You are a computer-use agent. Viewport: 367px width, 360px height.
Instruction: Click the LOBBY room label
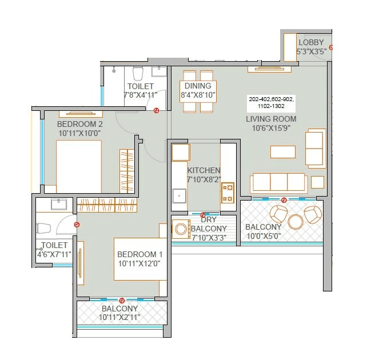tap(311, 42)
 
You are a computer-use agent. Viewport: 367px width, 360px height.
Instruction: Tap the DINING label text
tap(198, 86)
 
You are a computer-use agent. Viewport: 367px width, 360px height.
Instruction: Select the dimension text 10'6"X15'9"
tap(271, 128)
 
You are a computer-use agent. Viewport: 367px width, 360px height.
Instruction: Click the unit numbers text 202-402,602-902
tap(271, 99)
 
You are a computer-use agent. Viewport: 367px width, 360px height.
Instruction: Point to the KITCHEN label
tap(204, 170)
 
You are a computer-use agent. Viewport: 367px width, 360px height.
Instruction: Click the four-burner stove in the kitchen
tap(228, 193)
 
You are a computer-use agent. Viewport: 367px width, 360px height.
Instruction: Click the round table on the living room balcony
tap(296, 221)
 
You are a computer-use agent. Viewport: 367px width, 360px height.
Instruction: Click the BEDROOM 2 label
tap(80, 124)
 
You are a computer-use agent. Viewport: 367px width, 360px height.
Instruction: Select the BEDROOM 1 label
tap(140, 254)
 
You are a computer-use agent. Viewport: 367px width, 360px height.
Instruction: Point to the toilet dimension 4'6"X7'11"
tap(55, 254)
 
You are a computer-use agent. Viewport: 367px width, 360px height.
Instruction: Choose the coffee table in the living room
tap(283, 151)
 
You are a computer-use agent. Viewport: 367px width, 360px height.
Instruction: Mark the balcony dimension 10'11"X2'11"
tap(120, 317)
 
